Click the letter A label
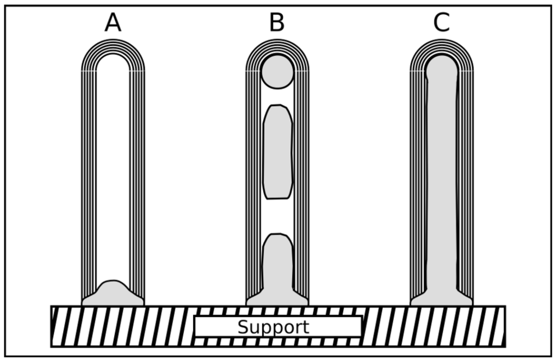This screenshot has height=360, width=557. tap(113, 23)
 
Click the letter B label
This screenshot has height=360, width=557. tap(277, 23)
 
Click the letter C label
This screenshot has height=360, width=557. tap(441, 23)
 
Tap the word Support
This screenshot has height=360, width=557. tap(273, 327)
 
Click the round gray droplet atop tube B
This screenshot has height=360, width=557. tap(277, 72)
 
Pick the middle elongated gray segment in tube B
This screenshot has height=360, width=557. tap(277, 152)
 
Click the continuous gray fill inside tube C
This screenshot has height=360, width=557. tap(441, 179)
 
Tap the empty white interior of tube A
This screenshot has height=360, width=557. tap(113, 163)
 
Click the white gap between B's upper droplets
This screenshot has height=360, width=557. tap(277, 96)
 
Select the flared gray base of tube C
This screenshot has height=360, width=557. tap(441, 298)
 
